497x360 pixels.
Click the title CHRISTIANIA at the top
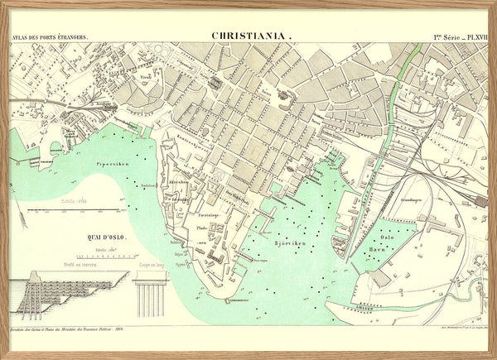252,36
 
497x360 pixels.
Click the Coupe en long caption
151,264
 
